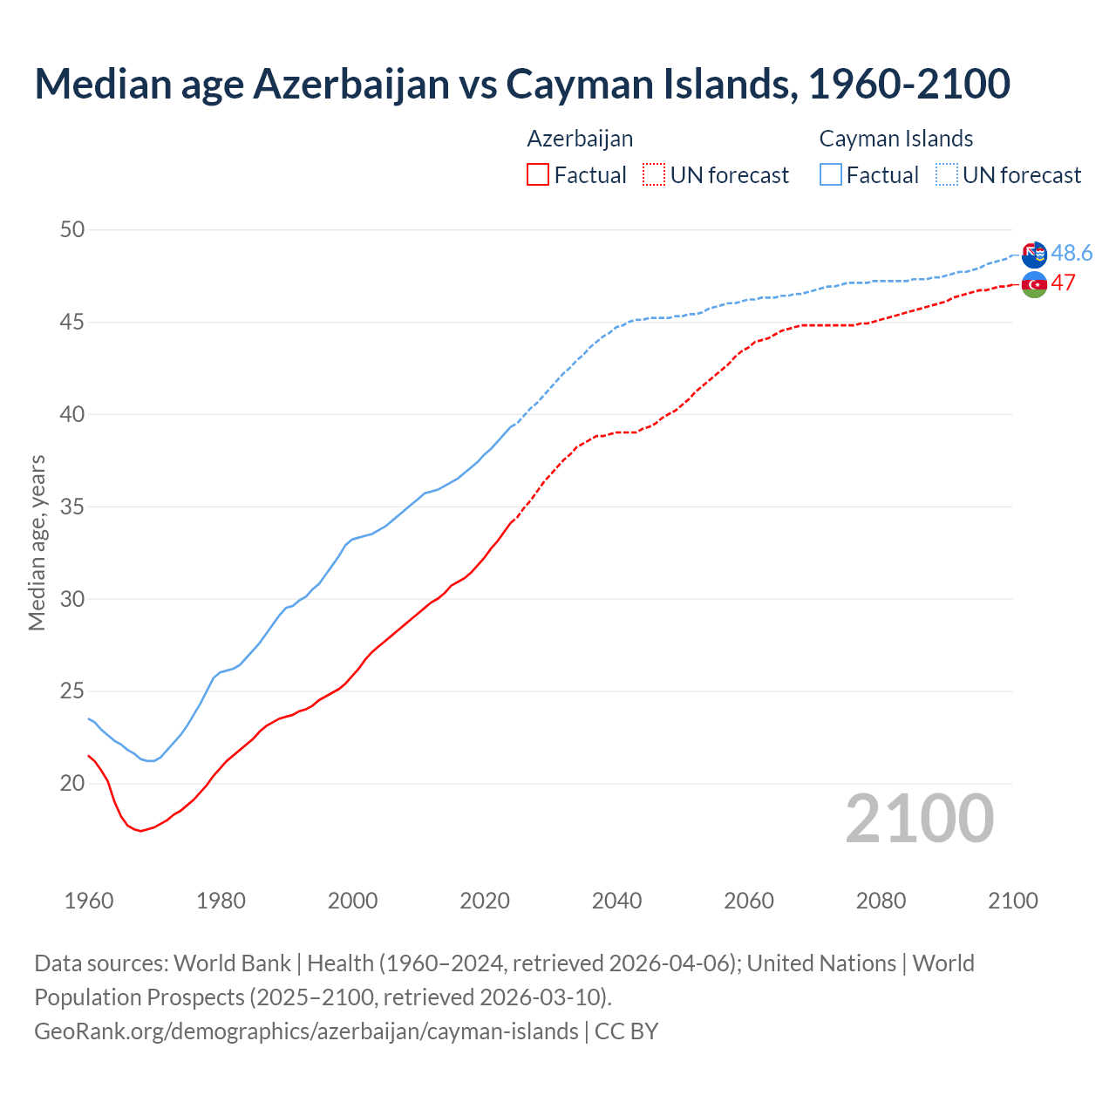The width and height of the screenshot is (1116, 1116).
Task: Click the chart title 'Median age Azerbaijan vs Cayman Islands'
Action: [521, 84]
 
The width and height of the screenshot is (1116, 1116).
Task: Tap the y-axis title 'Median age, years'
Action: [37, 542]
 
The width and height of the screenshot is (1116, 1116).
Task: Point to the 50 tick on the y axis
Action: [72, 230]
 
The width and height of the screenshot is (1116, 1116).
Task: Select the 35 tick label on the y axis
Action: [72, 507]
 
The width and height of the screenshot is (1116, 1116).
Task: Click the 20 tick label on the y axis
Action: [72, 784]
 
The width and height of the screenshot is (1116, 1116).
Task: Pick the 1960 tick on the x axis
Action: [89, 901]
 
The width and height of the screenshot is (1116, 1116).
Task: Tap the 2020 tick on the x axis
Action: [485, 901]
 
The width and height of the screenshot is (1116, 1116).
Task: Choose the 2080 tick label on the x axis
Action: [881, 901]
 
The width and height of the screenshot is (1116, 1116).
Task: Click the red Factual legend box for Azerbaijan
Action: [538, 175]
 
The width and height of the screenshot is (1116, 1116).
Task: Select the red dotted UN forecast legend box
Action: [654, 175]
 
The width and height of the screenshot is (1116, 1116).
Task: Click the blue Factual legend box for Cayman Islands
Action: [831, 175]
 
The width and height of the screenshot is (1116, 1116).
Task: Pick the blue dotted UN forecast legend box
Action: [947, 175]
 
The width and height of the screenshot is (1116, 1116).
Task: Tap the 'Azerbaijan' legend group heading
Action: [580, 139]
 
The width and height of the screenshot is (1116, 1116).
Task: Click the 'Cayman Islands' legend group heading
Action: [895, 139]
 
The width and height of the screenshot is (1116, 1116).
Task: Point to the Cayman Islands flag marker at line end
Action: [1034, 255]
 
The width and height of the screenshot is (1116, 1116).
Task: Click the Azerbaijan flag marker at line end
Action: [1034, 284]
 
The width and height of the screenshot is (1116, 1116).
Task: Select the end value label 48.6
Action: [1072, 253]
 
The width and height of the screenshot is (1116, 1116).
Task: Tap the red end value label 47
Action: [1063, 283]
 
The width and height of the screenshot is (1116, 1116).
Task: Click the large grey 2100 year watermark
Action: [919, 818]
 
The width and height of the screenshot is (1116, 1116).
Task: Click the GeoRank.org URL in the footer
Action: [306, 1031]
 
